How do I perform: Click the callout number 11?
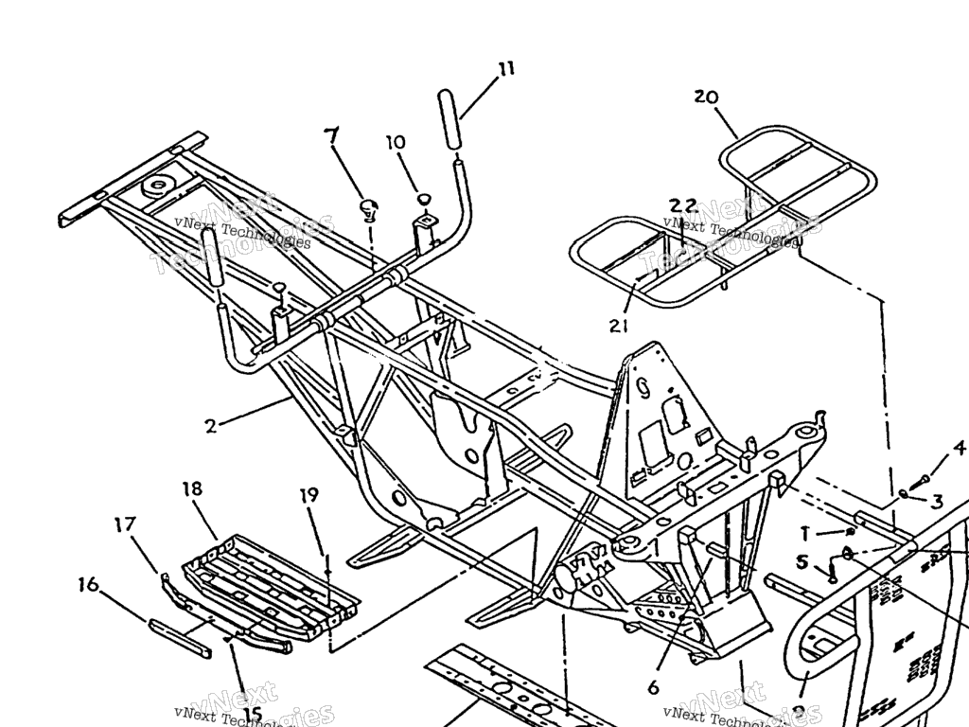coord(507,68)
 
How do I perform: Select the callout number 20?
coord(706,97)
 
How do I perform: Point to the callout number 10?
coord(395,143)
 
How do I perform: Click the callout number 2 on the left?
coord(210,425)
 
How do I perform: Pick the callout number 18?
coord(192,488)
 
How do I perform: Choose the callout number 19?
coord(309,495)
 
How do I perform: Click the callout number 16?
coord(88,587)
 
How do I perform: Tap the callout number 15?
coord(253,715)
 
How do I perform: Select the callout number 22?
coord(683,205)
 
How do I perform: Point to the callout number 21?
coord(618,326)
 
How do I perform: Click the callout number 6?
coord(654,687)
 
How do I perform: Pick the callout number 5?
coord(802,561)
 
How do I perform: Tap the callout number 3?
coord(937,501)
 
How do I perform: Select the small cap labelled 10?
coord(424,199)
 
